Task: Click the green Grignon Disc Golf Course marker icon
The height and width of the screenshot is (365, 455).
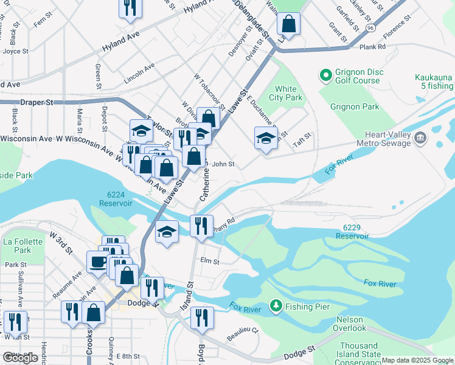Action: [x=325, y=76]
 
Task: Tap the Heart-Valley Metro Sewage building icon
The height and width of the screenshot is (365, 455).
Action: [x=420, y=139]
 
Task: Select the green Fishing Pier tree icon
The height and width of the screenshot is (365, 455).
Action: [x=276, y=305]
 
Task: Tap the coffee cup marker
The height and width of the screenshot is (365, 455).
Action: [x=97, y=262]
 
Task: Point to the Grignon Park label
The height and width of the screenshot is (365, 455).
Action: [x=355, y=107]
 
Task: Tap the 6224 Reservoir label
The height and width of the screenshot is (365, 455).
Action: [x=116, y=198]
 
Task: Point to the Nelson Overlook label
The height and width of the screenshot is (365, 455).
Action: [x=350, y=324]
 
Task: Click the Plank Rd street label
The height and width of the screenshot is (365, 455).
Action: [x=372, y=46]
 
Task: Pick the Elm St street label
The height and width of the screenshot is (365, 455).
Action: [x=209, y=261]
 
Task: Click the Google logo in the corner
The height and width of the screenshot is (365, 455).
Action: [x=20, y=358]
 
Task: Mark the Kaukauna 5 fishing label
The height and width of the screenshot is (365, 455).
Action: [x=433, y=82]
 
